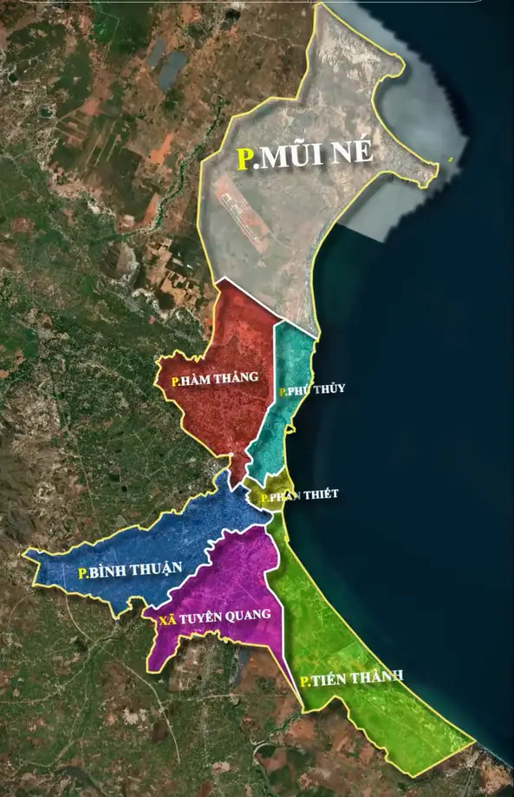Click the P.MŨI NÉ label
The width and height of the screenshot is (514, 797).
click(x=304, y=157)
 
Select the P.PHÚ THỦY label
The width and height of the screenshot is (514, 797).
click(x=312, y=389)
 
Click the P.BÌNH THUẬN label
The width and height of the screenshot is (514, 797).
click(x=130, y=570)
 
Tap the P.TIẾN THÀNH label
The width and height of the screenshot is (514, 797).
click(x=351, y=678)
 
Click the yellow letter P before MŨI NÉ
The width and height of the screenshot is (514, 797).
click(x=245, y=160)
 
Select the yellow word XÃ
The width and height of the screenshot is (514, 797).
click(x=167, y=619)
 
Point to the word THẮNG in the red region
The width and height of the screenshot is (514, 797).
click(x=237, y=377)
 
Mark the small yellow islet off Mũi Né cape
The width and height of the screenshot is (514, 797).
click(x=450, y=158)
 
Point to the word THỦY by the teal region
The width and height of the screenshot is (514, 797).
click(x=329, y=389)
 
